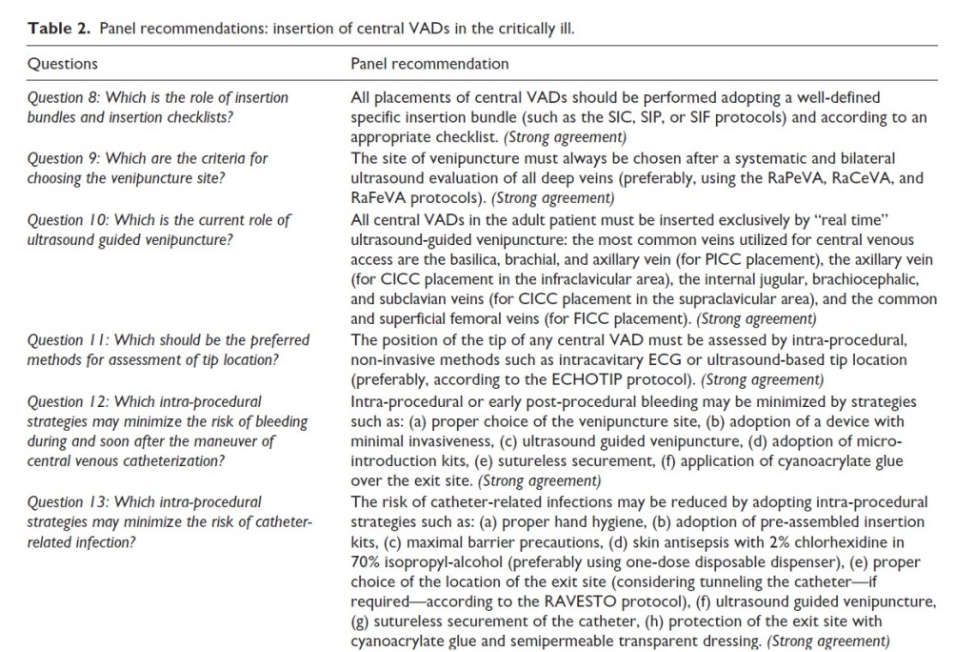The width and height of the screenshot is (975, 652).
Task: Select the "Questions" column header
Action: click(63, 65)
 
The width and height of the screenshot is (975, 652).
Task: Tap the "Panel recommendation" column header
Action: click(429, 65)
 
